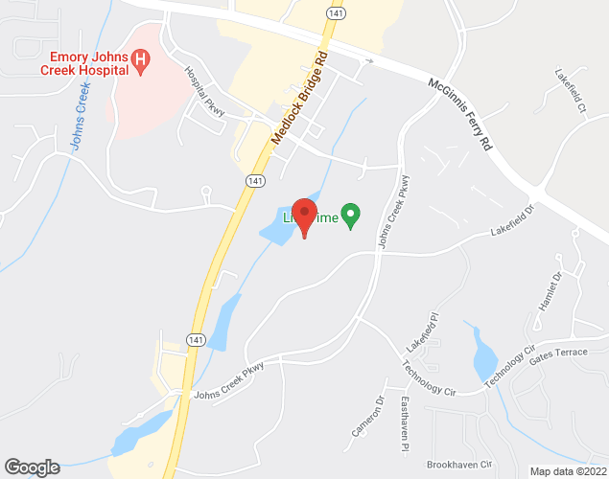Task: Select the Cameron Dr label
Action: click(x=366, y=418)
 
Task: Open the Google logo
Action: click(x=32, y=467)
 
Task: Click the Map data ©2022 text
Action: click(x=567, y=471)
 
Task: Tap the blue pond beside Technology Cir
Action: click(x=481, y=355)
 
